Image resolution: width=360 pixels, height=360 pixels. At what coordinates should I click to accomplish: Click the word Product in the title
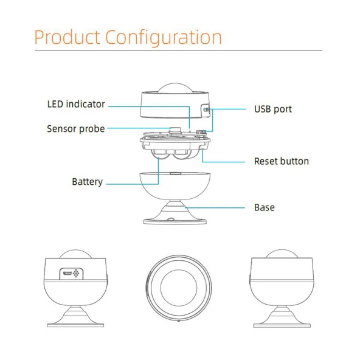67,37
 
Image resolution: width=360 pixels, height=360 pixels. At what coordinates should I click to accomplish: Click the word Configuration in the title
164,38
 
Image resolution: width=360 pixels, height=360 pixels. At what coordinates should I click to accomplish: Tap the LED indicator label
76,104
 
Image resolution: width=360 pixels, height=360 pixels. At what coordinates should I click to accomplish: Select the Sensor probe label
76,129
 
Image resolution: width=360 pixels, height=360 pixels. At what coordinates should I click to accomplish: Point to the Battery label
87,182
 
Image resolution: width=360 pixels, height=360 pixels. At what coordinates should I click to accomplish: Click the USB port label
273,109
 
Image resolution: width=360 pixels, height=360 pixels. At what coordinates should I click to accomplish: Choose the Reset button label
282,161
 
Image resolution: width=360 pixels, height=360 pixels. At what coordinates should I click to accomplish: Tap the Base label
265,207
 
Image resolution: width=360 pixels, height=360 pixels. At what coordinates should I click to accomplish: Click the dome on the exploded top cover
175,88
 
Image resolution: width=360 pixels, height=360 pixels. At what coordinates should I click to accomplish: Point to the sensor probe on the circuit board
175,130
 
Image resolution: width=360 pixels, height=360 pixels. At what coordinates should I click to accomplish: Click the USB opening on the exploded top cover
206,109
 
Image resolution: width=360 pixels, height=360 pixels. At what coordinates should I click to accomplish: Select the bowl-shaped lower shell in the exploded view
175,186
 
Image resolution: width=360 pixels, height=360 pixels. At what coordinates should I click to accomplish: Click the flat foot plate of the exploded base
175,221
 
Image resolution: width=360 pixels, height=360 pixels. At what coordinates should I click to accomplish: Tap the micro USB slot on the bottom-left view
67,273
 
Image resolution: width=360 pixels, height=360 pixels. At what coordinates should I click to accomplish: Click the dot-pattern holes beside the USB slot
76,273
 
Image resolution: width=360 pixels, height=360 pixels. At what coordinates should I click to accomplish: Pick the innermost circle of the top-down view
179,288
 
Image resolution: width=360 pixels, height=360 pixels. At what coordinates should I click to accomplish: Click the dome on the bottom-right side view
282,254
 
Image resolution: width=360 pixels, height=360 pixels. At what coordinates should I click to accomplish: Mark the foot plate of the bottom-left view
75,325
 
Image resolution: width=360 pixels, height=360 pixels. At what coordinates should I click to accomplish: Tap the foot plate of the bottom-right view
282,325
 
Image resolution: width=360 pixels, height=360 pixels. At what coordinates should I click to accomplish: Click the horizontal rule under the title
178,50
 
